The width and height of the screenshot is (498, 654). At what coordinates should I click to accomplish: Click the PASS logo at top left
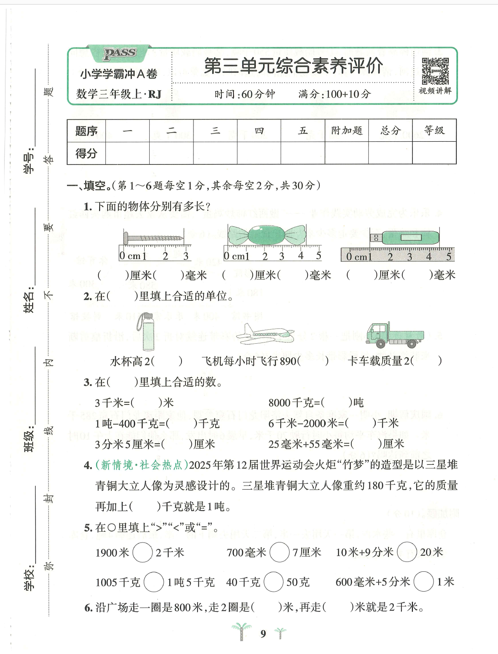pos(120,53)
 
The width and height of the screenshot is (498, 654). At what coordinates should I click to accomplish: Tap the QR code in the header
pos(435,71)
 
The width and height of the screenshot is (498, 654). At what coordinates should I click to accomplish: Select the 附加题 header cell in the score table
pos(347,131)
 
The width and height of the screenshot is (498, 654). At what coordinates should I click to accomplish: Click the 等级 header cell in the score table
pos(434,131)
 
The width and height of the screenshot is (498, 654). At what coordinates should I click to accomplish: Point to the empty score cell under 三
pos(215,153)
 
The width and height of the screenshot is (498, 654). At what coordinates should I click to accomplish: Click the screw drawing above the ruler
pos(153,238)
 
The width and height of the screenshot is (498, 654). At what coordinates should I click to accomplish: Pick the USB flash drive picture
pos(404,238)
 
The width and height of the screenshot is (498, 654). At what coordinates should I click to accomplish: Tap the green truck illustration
pos(394,335)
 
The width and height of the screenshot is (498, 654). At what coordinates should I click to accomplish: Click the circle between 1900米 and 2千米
pos(143,552)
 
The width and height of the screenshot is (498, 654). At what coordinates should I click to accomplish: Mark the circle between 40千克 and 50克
pos(273,582)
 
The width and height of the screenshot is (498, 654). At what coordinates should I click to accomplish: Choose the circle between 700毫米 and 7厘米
pos(279,552)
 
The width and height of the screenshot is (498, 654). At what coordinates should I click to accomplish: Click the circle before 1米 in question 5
pos(423,582)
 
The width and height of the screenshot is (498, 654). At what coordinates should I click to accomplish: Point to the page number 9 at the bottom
pos(263,634)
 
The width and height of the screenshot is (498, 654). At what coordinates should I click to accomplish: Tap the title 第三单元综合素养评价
pos(293,66)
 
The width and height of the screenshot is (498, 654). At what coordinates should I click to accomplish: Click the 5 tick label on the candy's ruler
pos(318,256)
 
